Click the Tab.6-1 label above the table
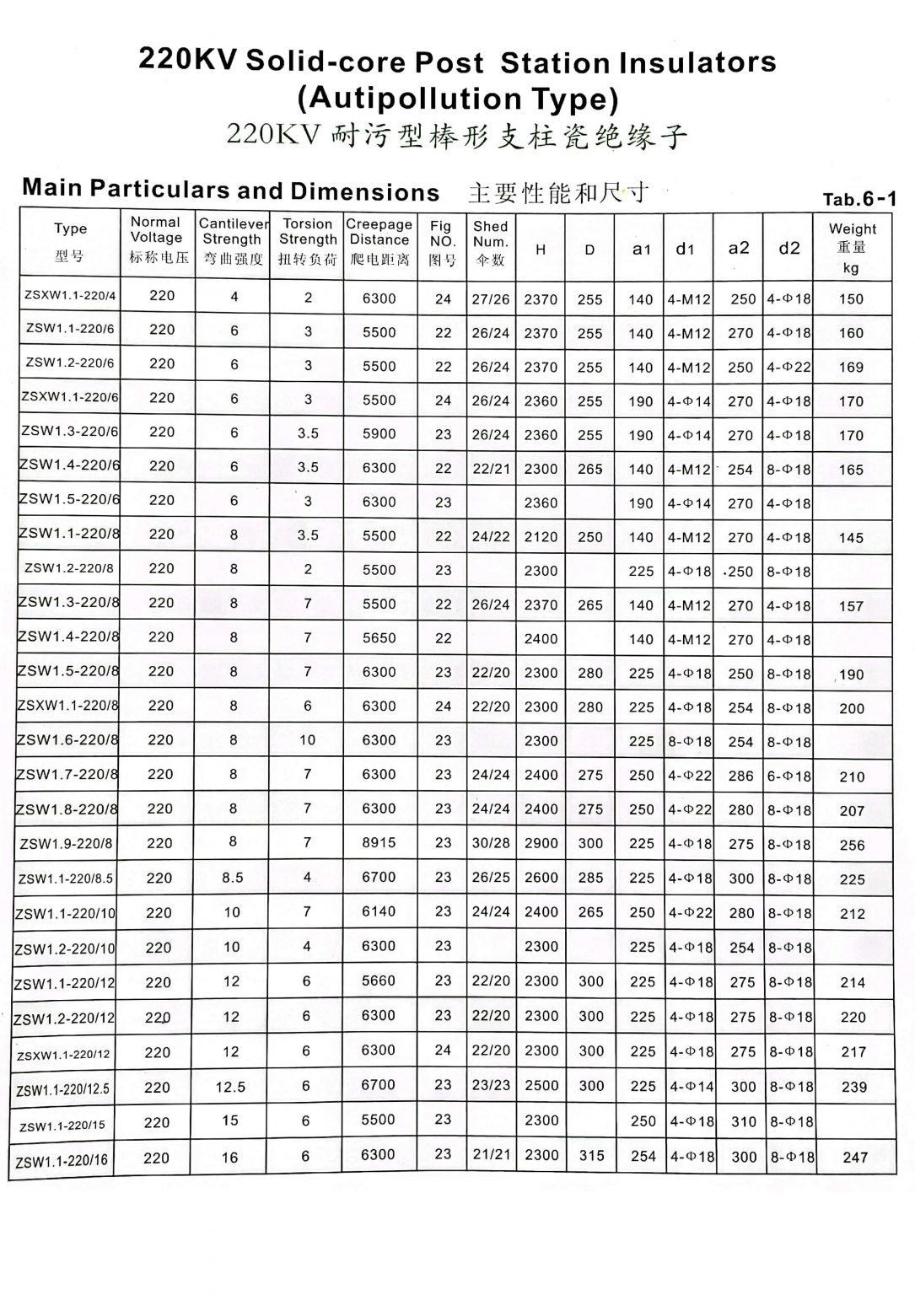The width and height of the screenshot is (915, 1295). (x=859, y=200)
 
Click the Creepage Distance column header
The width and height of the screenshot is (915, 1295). (x=379, y=242)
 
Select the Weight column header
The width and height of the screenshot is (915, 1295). (x=852, y=247)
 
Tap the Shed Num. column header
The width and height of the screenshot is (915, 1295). (x=490, y=242)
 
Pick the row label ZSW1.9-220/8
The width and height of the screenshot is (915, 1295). (x=66, y=843)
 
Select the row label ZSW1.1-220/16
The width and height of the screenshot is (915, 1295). (x=62, y=1160)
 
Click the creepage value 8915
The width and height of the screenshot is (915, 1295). (x=379, y=842)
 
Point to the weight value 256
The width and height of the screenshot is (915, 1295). (x=852, y=845)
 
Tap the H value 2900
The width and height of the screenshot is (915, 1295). (x=541, y=843)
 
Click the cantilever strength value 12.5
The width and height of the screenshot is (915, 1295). (x=230, y=1088)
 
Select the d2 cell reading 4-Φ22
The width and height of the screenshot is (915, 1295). (x=789, y=367)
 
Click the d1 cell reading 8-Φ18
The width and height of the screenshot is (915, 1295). (x=690, y=741)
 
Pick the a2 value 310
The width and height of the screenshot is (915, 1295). (x=743, y=1121)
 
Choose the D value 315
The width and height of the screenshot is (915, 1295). (x=591, y=1156)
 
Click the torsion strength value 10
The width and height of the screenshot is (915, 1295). (x=307, y=739)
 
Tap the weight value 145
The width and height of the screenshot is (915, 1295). (x=851, y=537)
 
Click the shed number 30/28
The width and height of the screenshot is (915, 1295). (x=491, y=843)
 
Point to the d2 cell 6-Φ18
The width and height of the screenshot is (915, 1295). (x=789, y=776)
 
